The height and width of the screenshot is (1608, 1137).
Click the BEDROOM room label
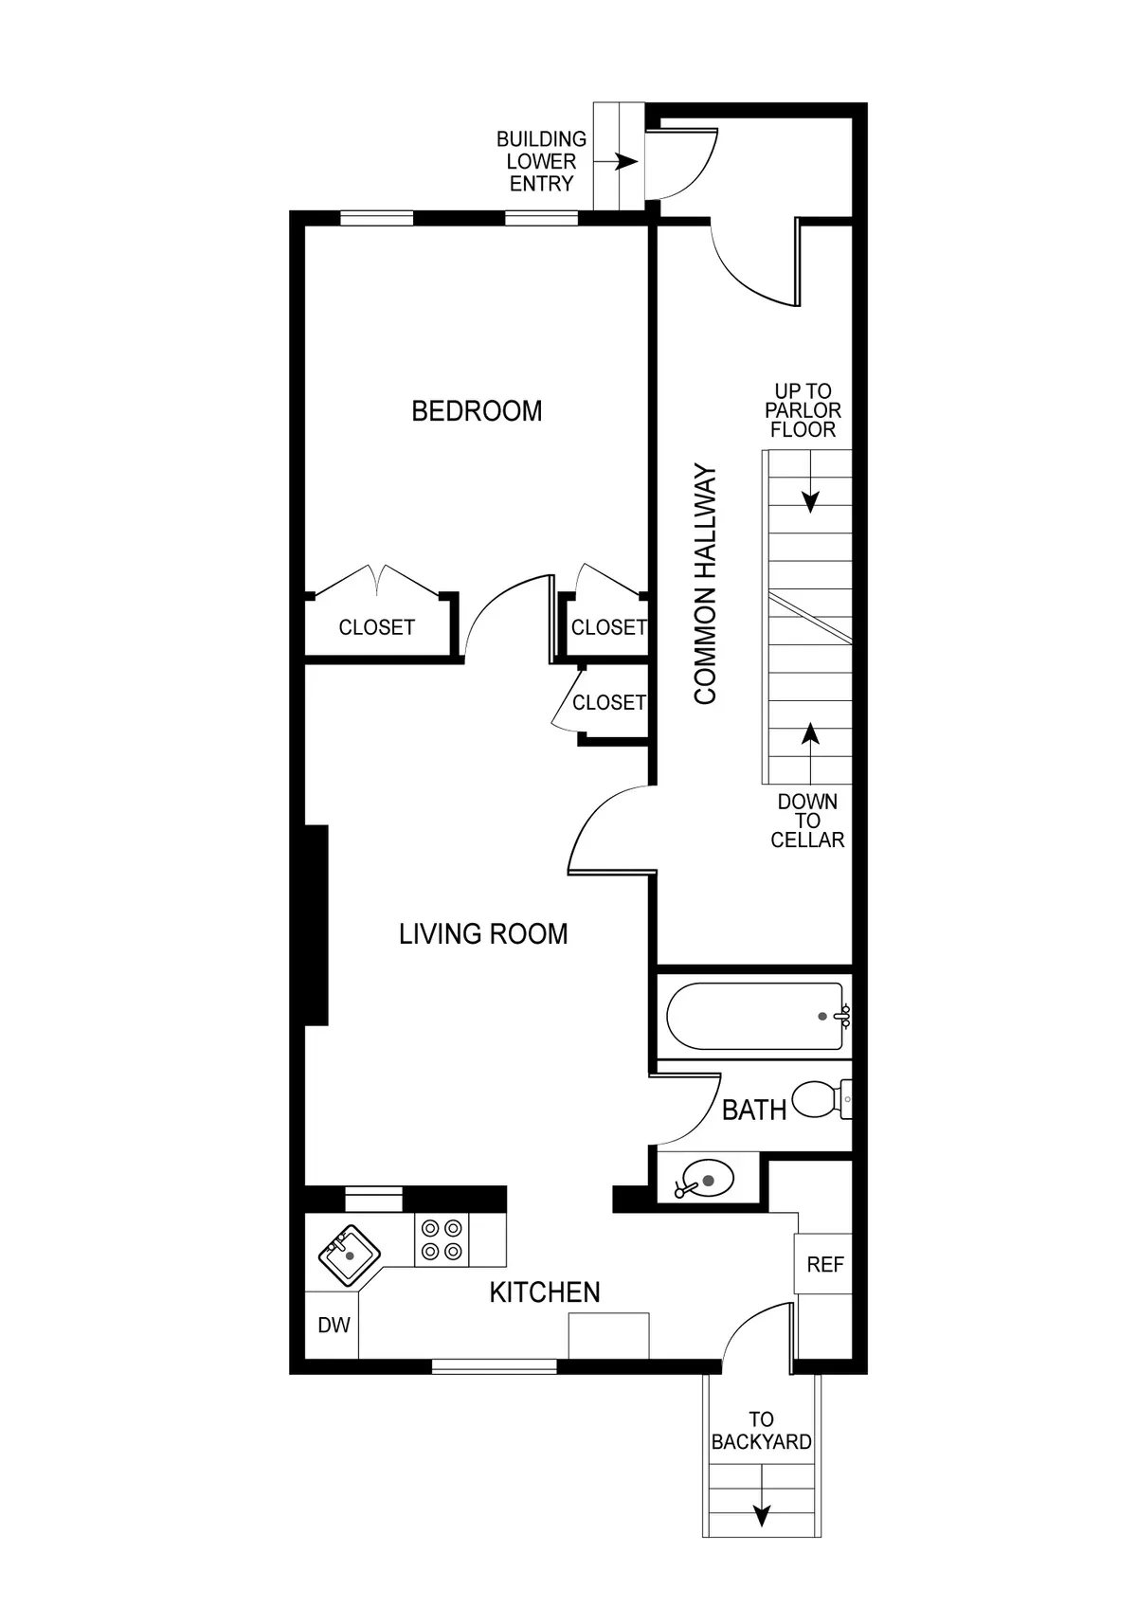coord(477,411)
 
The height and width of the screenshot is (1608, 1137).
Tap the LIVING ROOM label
coord(483,934)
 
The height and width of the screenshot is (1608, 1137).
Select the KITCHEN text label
coord(545,1292)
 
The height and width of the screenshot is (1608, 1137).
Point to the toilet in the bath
coord(821,1099)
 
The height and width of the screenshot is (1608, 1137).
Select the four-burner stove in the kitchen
coord(442,1239)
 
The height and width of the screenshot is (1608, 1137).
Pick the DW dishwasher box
coord(333,1325)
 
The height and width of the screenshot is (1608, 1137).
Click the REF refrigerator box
coord(824,1265)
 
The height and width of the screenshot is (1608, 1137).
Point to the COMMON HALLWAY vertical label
coord(706,584)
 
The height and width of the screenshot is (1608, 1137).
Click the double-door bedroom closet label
coord(376,627)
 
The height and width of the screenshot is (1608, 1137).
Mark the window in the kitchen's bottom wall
coord(494,1365)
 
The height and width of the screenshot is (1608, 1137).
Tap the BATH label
coord(754,1110)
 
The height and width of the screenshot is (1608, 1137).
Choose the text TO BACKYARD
coord(761,1431)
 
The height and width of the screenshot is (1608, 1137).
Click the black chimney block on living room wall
coord(316,925)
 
